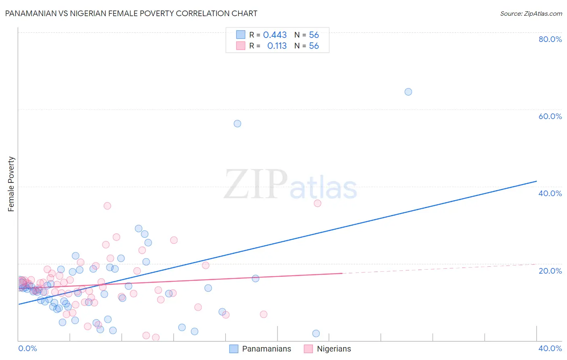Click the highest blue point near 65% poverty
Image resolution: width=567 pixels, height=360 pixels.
point(408,92)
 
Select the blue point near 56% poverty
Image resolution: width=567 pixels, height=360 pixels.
point(238,123)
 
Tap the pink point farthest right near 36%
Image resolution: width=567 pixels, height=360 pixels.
point(317,203)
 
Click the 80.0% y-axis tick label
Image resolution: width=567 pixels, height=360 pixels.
point(550,39)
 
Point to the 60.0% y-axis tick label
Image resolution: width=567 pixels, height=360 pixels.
point(550,116)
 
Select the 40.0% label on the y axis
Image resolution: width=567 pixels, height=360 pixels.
point(550,193)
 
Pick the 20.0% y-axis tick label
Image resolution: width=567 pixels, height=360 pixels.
point(550,271)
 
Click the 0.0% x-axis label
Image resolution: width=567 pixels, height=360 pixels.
point(27,348)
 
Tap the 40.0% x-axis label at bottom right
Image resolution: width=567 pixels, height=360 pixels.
point(550,348)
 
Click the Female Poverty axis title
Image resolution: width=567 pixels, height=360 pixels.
point(11,184)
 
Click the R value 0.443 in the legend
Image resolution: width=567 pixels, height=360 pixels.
point(275,35)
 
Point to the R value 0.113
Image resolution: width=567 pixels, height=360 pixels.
point(277,46)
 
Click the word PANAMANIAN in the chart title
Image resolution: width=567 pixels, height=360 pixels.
point(31,13)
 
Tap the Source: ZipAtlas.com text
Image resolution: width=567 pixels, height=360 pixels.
point(531,14)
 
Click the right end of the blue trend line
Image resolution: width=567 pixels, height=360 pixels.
point(536,181)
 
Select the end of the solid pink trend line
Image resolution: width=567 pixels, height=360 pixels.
point(342,273)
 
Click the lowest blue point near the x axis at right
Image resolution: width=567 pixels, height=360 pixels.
point(316,333)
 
